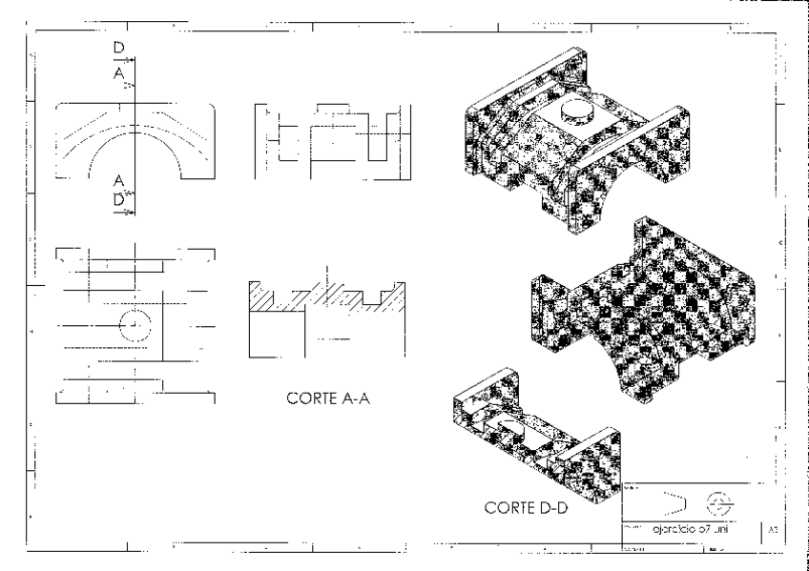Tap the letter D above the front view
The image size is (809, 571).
(118, 45)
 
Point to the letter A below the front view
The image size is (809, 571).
(118, 180)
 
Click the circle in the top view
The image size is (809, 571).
(135, 323)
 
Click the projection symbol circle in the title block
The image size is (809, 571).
(716, 500)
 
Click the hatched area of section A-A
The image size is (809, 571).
(324, 295)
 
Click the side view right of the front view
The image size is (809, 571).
(324, 138)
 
